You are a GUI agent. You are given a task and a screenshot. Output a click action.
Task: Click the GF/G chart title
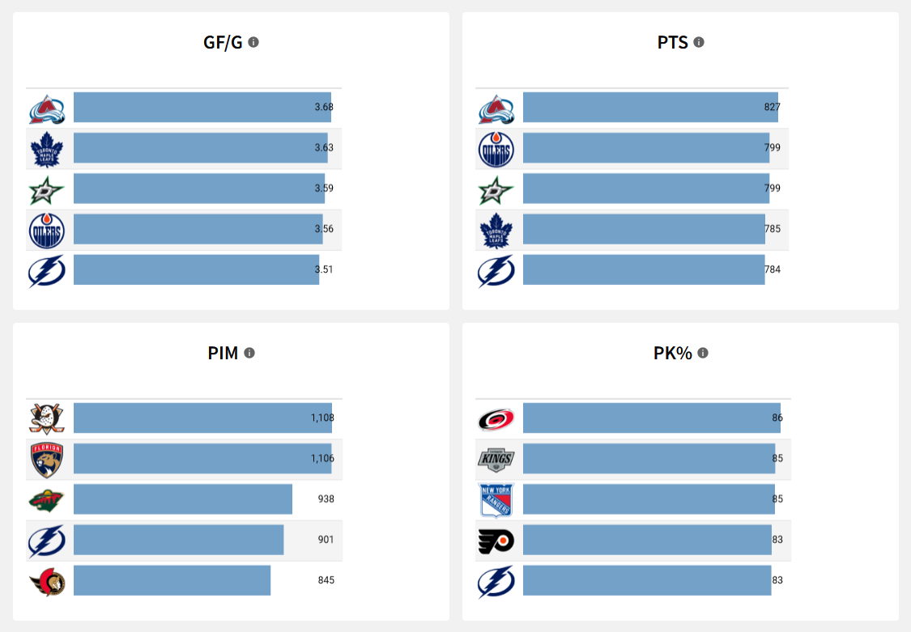click(x=223, y=42)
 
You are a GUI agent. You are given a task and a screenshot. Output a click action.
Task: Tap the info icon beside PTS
click(x=699, y=42)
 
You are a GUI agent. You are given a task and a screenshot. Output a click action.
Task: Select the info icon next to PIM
click(x=249, y=353)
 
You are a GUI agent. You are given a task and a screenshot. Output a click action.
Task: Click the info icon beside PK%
click(x=703, y=353)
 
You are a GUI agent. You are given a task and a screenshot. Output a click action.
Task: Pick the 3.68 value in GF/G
click(x=324, y=107)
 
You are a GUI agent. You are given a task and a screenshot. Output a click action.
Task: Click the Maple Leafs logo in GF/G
click(x=46, y=148)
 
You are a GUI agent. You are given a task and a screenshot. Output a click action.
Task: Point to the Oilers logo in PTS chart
click(x=496, y=148)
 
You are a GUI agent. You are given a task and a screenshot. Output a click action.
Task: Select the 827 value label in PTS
click(x=773, y=107)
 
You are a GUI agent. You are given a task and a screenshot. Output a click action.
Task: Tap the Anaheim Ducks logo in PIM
click(x=46, y=418)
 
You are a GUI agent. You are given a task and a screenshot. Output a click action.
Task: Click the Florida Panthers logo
click(x=46, y=459)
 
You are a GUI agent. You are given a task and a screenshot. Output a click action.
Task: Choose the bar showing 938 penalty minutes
click(x=183, y=499)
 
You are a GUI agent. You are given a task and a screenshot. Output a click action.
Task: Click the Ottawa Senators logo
click(x=46, y=581)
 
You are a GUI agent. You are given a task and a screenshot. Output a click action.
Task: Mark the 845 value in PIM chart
click(x=326, y=580)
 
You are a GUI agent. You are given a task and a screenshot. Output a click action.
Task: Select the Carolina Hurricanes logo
click(x=496, y=418)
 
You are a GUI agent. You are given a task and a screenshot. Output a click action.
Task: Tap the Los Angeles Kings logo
click(x=496, y=459)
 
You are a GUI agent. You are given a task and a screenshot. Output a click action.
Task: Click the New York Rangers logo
click(x=496, y=500)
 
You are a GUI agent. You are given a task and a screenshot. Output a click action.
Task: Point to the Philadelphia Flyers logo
click(x=496, y=541)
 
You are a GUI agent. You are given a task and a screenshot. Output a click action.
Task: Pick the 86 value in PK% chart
click(x=777, y=418)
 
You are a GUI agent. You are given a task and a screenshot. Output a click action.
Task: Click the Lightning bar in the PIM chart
click(x=178, y=540)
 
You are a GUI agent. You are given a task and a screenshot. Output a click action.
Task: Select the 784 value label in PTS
click(x=773, y=269)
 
